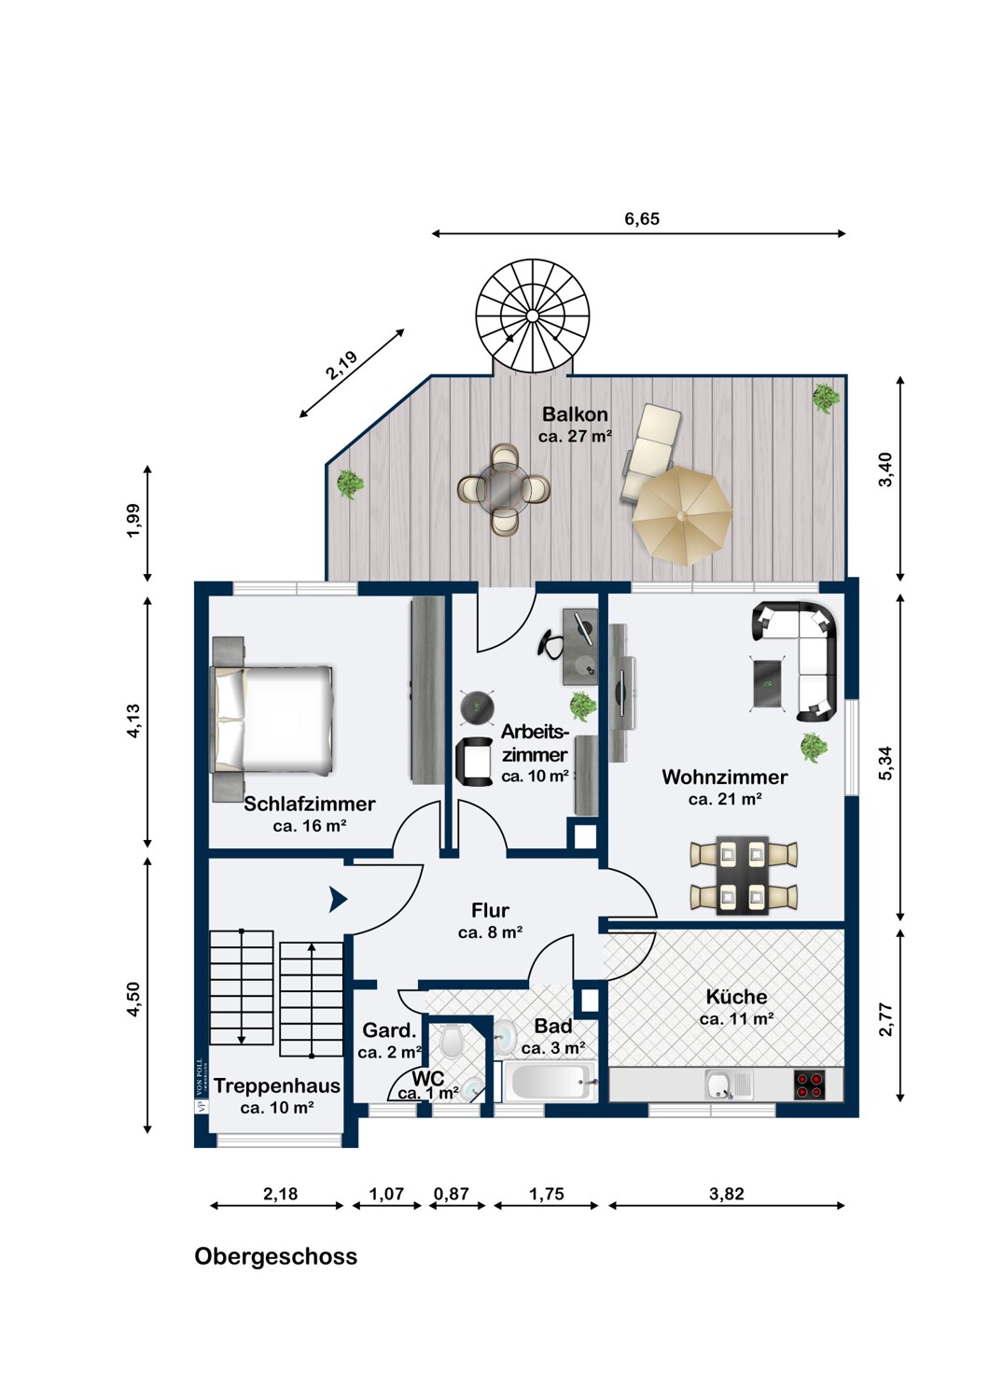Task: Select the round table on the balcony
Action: point(504,488)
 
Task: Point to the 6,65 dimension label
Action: point(642,218)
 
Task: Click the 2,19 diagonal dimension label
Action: point(341,366)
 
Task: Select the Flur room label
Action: point(491,910)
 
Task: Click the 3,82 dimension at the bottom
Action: point(727,1194)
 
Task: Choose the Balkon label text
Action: point(575,413)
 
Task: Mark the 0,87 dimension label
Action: point(451,1194)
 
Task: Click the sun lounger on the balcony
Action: point(652,452)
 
